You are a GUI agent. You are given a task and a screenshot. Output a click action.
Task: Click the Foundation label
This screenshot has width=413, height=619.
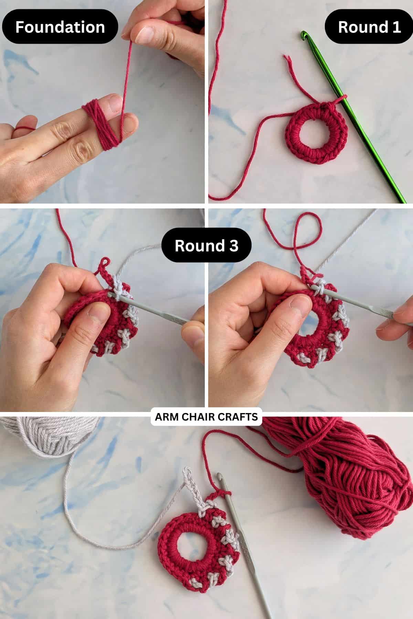click(60, 27)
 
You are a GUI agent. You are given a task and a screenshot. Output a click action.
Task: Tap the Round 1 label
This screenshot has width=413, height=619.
click(369, 27)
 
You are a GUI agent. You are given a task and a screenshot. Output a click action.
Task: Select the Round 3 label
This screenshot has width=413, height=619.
click(206, 246)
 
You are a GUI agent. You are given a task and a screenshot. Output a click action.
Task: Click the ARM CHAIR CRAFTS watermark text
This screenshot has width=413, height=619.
click(206, 417)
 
